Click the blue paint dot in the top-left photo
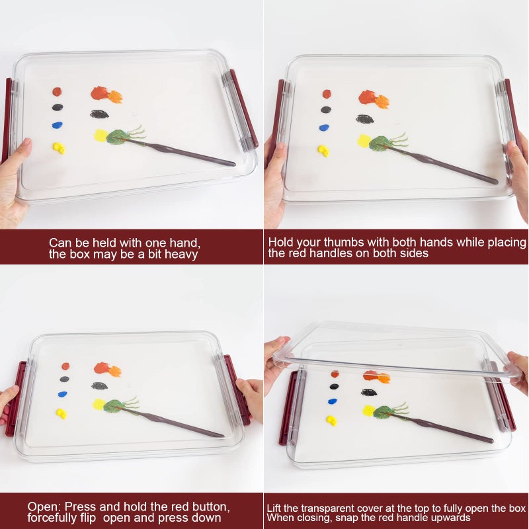pyautogui.click(x=58, y=125)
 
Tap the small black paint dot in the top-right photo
pyautogui.click(x=326, y=110)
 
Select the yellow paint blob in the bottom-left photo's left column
pyautogui.click(x=61, y=413)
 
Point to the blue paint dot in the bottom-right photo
pyautogui.click(x=333, y=401)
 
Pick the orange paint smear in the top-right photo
pyautogui.click(x=374, y=99)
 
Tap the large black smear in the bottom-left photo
pyautogui.click(x=100, y=386)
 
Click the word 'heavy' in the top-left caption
pyautogui.click(x=181, y=255)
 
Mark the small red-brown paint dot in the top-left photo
pyautogui.click(x=57, y=91)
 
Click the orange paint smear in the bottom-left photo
pyautogui.click(x=108, y=370)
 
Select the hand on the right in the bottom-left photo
pyautogui.click(x=250, y=400)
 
